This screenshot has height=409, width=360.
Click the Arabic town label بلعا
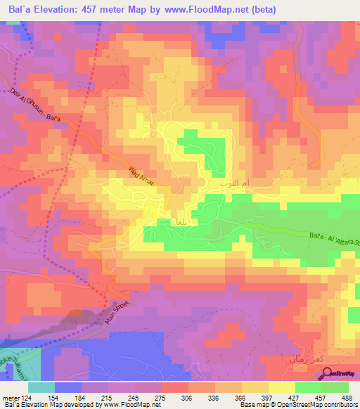click(x=179, y=221)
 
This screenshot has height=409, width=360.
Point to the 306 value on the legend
click(x=185, y=397)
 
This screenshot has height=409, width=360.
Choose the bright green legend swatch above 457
click(x=308, y=387)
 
